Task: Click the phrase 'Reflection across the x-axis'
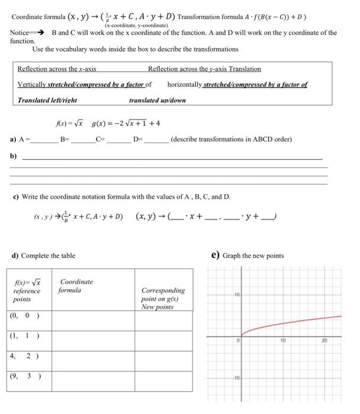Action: tap(57, 69)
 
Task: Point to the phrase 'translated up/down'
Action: tap(157, 100)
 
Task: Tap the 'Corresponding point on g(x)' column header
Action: tap(163, 299)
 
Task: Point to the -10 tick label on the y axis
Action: tap(235, 377)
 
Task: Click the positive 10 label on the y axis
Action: tap(236, 293)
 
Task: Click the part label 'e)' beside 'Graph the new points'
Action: tap(216, 255)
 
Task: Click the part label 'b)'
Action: tap(13, 157)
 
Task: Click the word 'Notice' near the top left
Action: tap(20, 33)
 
